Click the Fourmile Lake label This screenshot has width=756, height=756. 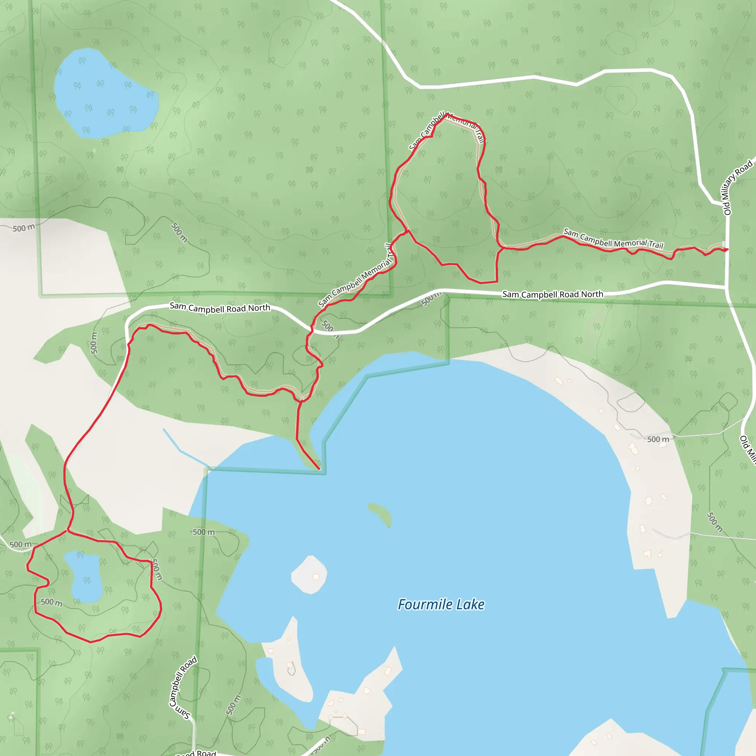tap(441, 605)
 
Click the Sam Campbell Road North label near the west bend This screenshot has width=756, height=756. tap(220, 308)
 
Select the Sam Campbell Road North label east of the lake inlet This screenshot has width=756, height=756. tap(553, 294)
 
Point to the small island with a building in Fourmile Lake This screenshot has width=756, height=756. tap(309, 575)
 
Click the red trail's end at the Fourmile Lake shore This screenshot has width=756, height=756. tap(319, 468)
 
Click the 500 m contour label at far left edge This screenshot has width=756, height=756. tap(24, 228)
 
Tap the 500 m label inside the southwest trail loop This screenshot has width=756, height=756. tap(52, 602)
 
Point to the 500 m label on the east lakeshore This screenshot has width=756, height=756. tap(658, 439)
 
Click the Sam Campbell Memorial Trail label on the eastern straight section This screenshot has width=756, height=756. tap(613, 239)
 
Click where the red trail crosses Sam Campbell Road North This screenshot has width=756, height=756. tap(312, 331)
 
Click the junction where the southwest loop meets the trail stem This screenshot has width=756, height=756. tap(68, 530)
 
